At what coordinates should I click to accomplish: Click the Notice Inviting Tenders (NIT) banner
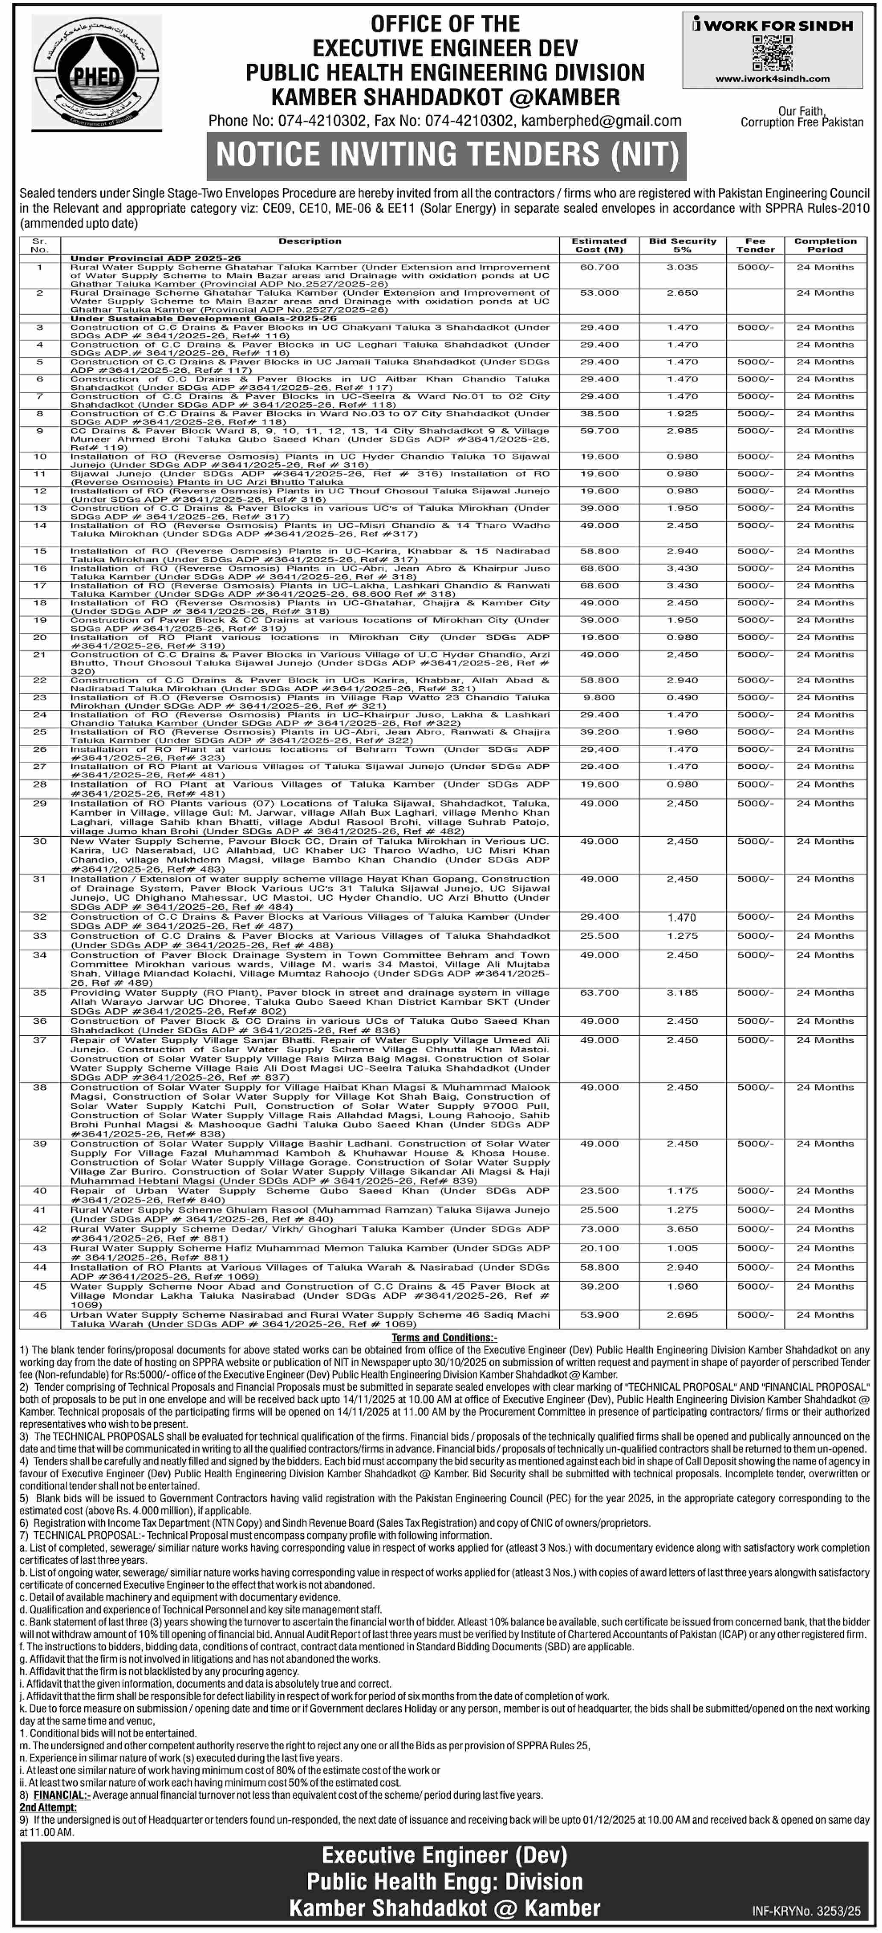447,155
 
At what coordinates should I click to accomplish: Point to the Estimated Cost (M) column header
599,246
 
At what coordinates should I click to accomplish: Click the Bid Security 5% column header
683,246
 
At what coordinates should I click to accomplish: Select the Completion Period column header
825,246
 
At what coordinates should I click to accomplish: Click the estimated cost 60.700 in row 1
599,267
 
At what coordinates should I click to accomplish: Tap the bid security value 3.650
683,1229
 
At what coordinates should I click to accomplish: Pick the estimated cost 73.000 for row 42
599,1229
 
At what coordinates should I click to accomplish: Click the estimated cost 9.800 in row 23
599,698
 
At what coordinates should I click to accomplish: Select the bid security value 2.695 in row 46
683,1315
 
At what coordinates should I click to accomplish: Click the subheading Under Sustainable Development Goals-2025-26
203,318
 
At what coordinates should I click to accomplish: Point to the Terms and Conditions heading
444,1337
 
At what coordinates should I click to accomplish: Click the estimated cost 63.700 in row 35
599,993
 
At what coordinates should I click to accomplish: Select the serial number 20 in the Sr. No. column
40,638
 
